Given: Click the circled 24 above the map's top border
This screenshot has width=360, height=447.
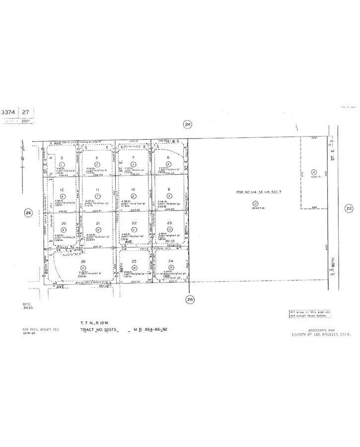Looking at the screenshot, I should [x=187, y=125].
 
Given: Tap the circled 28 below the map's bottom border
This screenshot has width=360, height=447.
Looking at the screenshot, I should [x=190, y=299].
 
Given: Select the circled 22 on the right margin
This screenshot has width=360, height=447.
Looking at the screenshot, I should [x=349, y=209].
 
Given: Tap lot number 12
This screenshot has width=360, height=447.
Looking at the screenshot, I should [x=62, y=190].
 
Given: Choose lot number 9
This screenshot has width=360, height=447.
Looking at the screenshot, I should [x=169, y=190].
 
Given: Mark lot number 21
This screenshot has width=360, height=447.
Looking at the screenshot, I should [x=98, y=223].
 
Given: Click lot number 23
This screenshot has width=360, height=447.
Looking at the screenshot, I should [x=169, y=223].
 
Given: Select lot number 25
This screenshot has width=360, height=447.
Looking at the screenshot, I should [x=134, y=261].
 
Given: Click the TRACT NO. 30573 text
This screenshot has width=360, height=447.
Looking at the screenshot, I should [x=100, y=329].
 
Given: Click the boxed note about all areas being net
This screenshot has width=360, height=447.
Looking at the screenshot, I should [x=310, y=313].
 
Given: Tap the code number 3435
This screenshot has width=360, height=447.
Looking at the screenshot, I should [x=27, y=308].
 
